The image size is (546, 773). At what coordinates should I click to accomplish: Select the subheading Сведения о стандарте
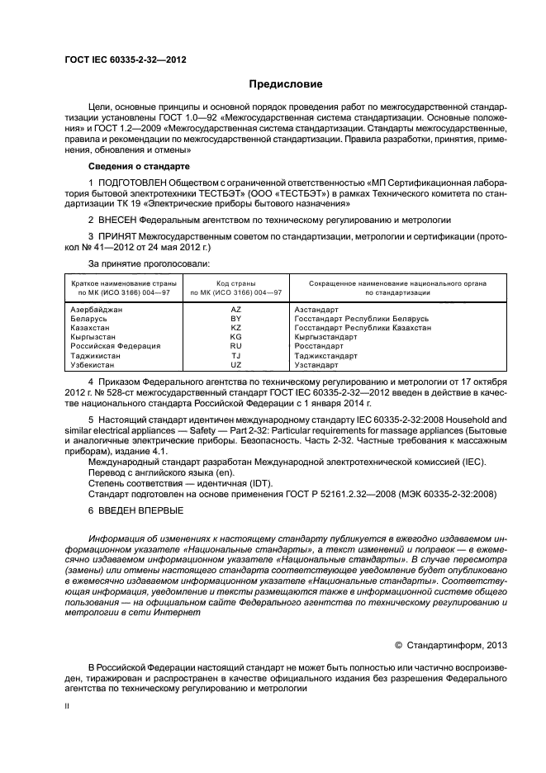[x=134, y=165]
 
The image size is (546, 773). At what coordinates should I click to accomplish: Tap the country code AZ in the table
[x=235, y=309]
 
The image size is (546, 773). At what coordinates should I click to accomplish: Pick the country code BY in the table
[x=235, y=318]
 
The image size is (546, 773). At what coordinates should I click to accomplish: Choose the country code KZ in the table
[x=235, y=327]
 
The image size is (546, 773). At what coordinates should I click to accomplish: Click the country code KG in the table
[x=235, y=337]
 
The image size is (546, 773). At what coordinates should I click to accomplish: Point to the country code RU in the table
[x=235, y=346]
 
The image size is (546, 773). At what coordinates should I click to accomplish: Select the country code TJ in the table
[x=235, y=356]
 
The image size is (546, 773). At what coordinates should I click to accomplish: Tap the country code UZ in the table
[x=235, y=365]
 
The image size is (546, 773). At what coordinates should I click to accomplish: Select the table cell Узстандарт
[x=316, y=365]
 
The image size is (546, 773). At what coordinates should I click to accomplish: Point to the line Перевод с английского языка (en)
[x=157, y=472]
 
